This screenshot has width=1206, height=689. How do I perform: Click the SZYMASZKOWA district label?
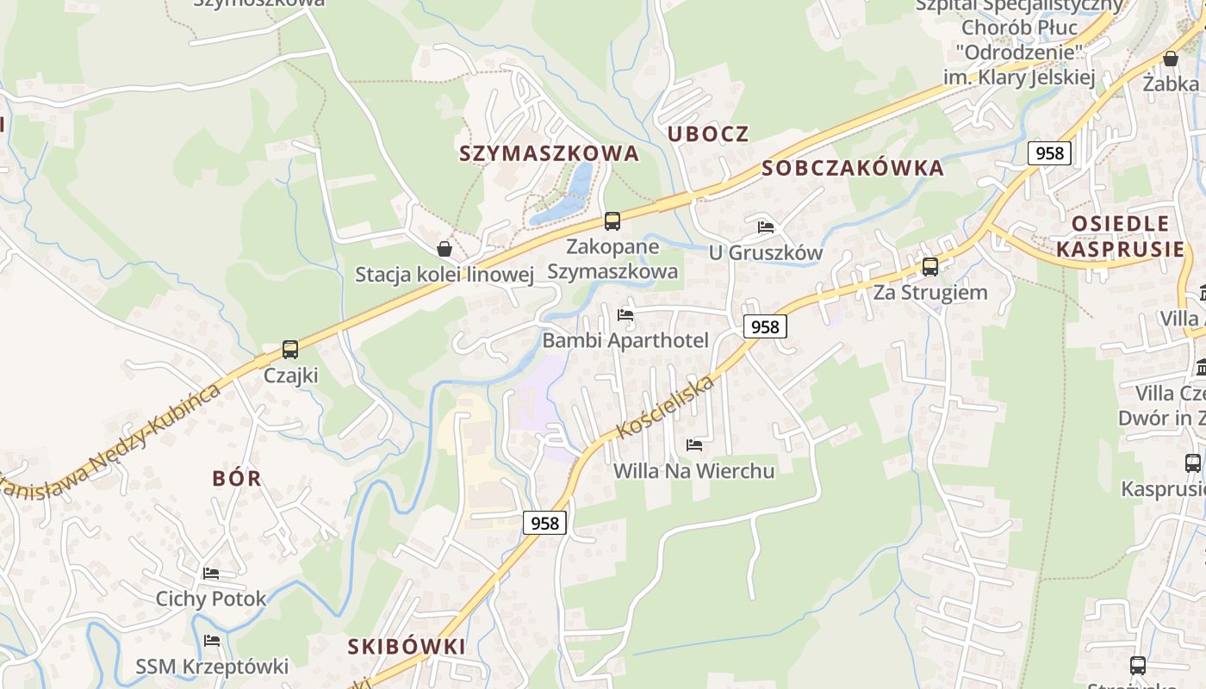click(x=549, y=153)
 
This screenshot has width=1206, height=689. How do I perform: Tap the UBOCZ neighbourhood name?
click(x=708, y=133)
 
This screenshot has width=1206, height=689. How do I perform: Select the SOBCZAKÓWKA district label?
click(x=853, y=168)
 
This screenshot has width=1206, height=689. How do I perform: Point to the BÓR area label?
click(x=237, y=478)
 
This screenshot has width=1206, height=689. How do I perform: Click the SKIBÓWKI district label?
click(x=407, y=646)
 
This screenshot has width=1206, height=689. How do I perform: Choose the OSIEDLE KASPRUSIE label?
click(x=1120, y=237)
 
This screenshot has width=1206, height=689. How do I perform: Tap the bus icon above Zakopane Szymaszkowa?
click(x=612, y=221)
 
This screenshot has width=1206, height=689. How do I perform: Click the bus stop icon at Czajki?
click(x=290, y=350)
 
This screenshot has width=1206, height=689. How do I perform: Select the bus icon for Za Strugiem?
click(x=930, y=267)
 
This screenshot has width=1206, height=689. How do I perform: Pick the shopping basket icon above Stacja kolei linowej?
click(x=444, y=249)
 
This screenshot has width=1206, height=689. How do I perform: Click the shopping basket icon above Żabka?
click(x=1170, y=59)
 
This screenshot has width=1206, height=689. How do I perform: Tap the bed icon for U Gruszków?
click(x=765, y=227)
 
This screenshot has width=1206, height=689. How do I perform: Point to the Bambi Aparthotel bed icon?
click(x=625, y=315)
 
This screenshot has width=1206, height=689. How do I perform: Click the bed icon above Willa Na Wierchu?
click(x=693, y=445)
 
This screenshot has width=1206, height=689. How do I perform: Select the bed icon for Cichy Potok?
click(x=211, y=574)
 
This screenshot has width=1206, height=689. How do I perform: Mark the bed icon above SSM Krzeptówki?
click(x=211, y=641)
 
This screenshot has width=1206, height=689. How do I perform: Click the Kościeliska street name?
click(x=665, y=407)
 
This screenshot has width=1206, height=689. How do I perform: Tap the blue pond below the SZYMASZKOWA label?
click(x=569, y=194)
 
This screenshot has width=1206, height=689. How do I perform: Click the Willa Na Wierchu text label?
click(x=693, y=471)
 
